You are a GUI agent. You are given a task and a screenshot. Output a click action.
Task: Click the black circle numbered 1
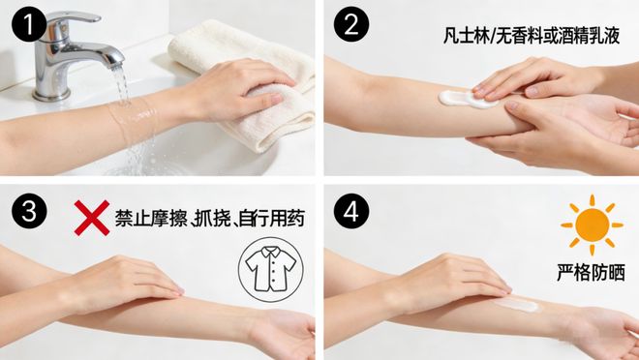[28, 25]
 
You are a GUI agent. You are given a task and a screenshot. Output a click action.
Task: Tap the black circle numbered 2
[351, 25]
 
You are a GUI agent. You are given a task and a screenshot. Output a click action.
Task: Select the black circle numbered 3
[29, 211]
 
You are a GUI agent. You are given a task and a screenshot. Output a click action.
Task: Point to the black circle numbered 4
[351, 211]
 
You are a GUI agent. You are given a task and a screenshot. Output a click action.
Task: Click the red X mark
[92, 218]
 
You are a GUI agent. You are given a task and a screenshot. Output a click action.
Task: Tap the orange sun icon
[592, 225]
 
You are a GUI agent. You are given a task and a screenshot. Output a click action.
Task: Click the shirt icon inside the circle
[271, 269]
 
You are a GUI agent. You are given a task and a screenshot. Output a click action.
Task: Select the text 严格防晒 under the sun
[591, 273]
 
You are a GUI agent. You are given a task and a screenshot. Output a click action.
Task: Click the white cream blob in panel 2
[465, 99]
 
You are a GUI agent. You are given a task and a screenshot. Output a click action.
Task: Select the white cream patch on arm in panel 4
[516, 305]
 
